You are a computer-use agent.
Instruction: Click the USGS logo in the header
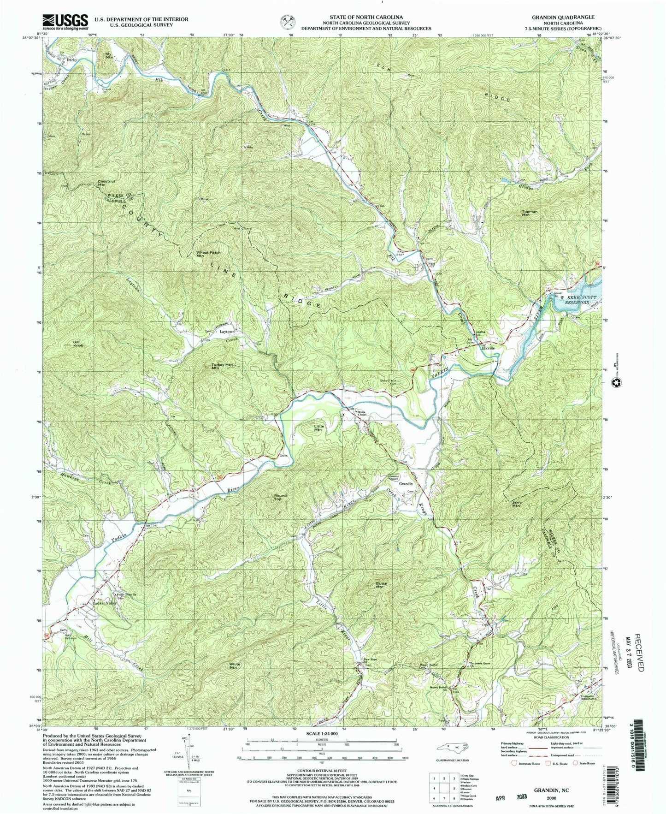(65, 21)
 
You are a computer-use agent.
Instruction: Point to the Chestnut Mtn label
(106, 183)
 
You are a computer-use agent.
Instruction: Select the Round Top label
(280, 498)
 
